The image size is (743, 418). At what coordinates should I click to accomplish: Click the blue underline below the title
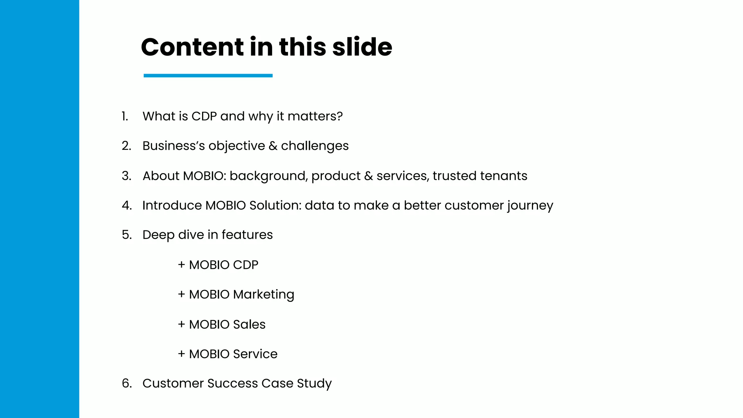(208, 75)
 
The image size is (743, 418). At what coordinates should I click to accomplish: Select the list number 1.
(124, 116)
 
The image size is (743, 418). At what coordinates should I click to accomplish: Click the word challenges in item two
(315, 146)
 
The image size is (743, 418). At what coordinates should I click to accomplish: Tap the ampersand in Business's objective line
(273, 146)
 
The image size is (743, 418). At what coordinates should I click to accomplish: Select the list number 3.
(126, 176)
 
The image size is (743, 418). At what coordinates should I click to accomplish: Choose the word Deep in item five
(158, 235)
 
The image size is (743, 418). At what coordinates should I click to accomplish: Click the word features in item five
(247, 235)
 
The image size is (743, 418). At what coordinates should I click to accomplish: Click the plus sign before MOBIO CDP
(181, 265)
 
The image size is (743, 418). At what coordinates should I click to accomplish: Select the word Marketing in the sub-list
(263, 295)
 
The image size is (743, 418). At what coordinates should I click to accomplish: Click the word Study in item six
(314, 384)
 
